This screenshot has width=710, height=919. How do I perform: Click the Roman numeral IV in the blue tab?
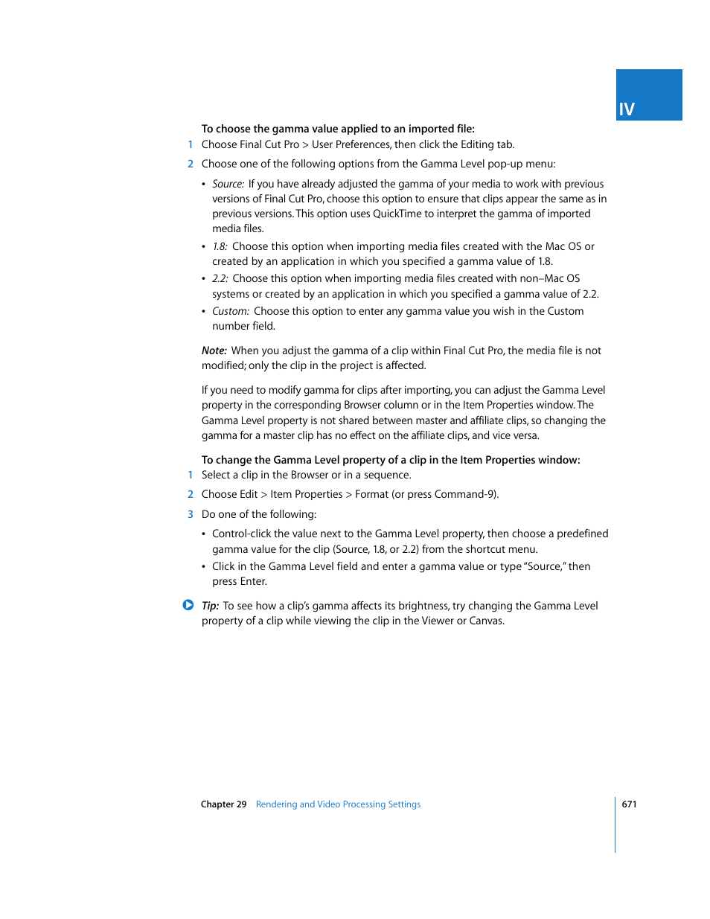pos(627,109)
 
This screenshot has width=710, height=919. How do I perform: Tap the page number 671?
pos(629,804)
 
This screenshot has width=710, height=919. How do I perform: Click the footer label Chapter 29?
pos(223,804)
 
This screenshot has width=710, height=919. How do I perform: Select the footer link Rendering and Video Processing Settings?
pos(338,804)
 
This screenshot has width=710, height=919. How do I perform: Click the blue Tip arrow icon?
pos(188,605)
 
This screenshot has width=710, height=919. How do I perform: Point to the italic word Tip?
pos(210,606)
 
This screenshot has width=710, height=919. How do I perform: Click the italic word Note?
pos(214,350)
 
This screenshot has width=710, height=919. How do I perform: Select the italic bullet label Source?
pos(228,184)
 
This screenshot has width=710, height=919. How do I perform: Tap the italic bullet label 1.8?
pos(220,246)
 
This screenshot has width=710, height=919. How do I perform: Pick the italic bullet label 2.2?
pos(220,278)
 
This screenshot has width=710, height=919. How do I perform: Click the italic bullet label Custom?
pos(230,311)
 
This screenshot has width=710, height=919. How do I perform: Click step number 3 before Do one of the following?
pos(191,514)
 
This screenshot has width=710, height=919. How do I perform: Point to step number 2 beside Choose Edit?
pos(191,494)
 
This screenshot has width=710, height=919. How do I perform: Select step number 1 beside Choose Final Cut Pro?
pos(191,144)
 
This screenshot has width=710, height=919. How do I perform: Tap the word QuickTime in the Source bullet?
pos(397,214)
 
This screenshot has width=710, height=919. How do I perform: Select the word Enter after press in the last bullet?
pos(253,581)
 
